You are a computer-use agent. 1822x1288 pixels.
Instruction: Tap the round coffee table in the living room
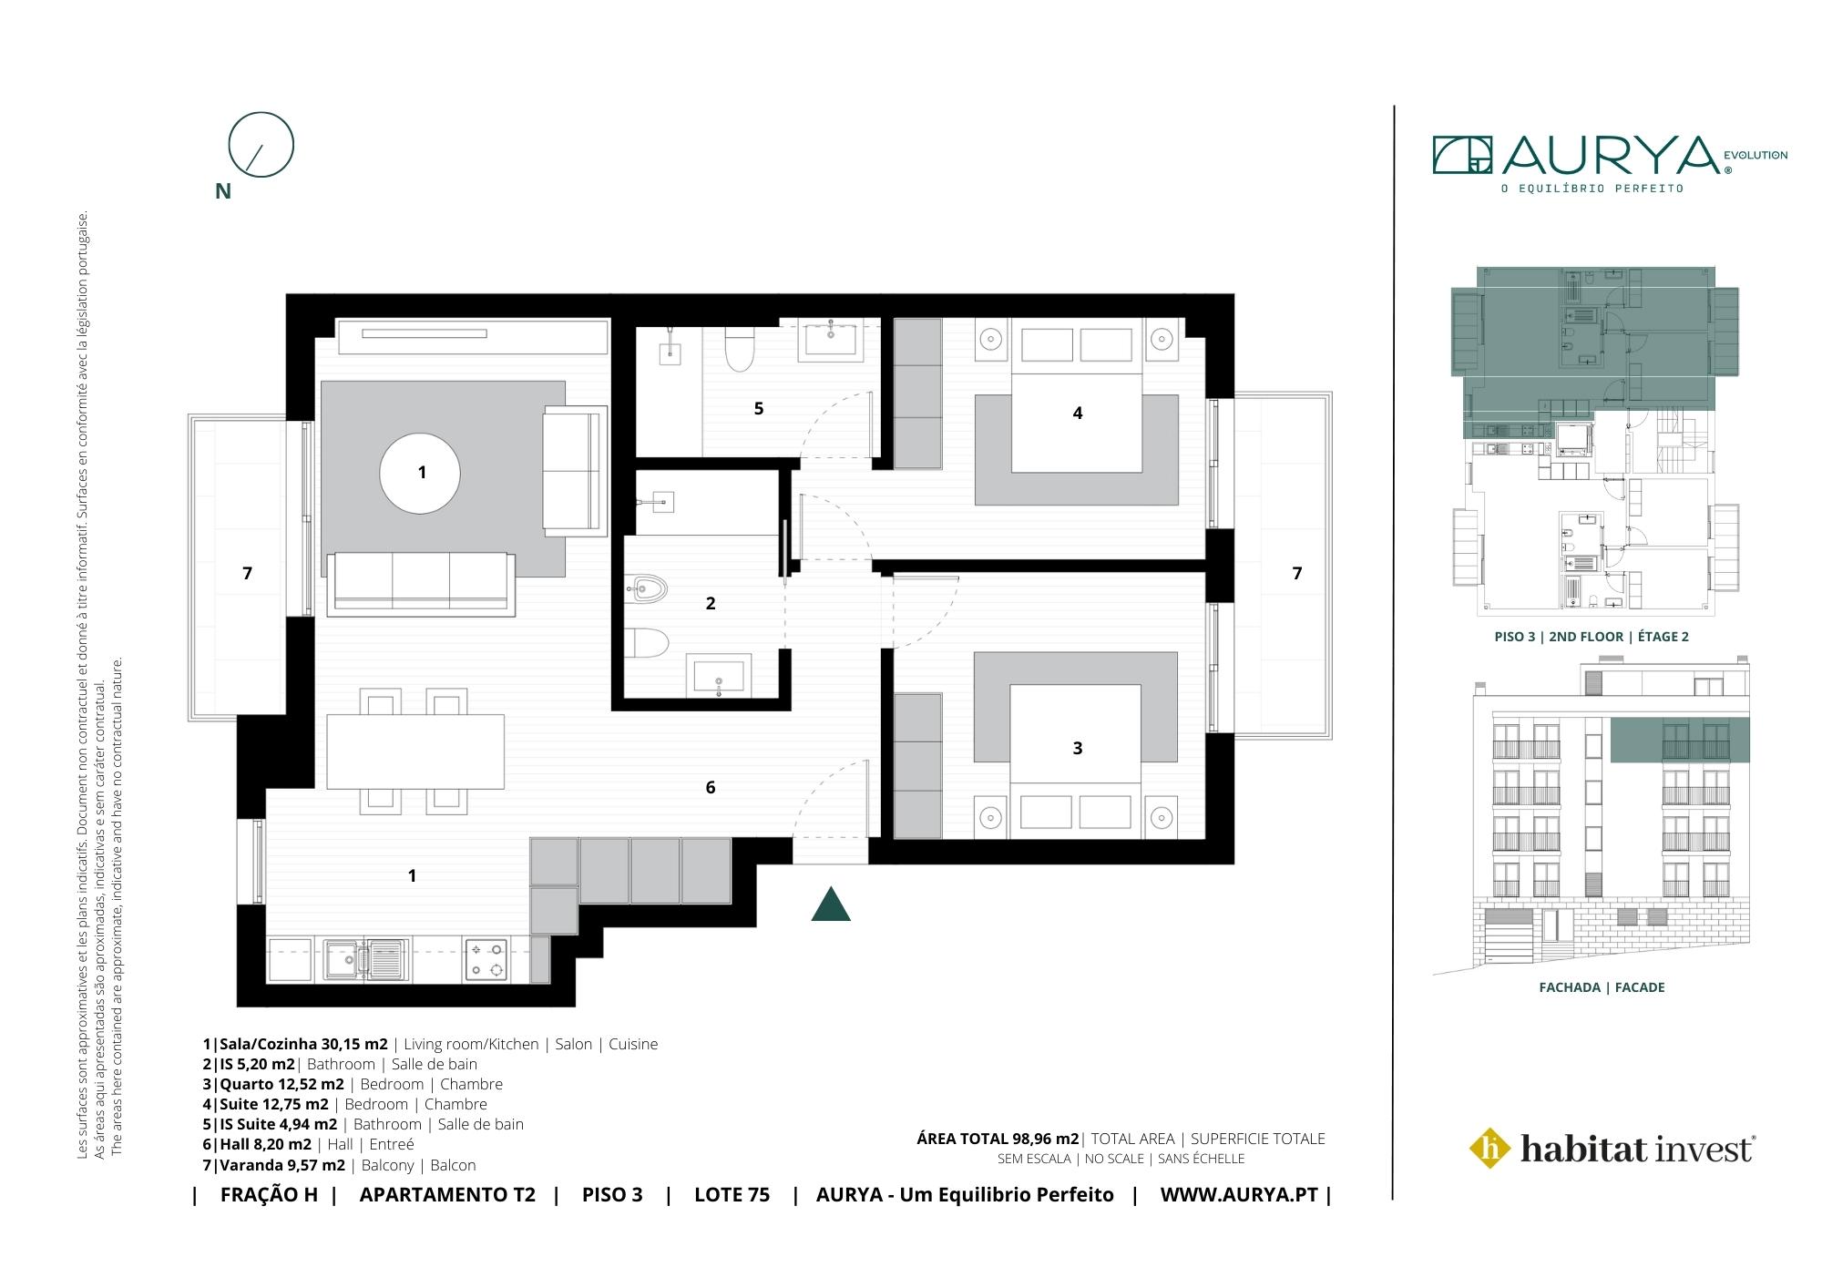[420, 474]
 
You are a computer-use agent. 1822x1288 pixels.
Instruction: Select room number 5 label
[759, 408]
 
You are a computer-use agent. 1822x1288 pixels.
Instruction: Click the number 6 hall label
[711, 787]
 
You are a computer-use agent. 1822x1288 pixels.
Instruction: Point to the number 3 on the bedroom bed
[1078, 748]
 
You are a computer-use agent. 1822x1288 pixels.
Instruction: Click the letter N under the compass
[222, 191]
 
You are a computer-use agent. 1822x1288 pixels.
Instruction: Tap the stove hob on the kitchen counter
[486, 960]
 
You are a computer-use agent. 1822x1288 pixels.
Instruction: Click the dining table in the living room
[415, 751]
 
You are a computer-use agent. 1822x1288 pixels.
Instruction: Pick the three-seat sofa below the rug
[420, 584]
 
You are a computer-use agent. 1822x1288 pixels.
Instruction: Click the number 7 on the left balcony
[247, 573]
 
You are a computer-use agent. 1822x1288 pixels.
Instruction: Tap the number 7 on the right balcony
[1297, 573]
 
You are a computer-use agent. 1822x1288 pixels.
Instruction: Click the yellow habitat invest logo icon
[1490, 1148]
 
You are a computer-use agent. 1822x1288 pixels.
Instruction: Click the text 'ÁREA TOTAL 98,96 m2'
[998, 1139]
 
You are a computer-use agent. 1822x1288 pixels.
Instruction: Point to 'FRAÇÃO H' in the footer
[269, 1195]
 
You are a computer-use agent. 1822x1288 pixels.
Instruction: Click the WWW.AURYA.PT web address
[1239, 1195]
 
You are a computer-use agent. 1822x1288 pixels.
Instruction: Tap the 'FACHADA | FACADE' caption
[1602, 987]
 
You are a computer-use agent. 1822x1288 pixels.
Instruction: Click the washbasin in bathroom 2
[719, 676]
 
